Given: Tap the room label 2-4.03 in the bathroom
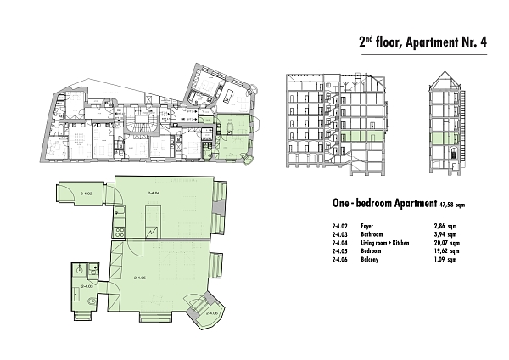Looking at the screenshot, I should tap(85, 287).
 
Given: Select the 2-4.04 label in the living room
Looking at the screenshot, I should tap(154, 194).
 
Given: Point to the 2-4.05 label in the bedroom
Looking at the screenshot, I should tap(139, 278).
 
